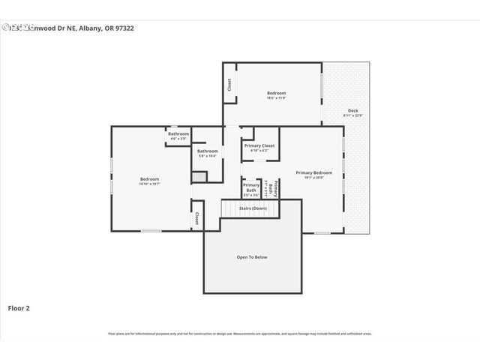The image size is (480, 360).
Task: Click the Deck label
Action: click(x=352, y=111)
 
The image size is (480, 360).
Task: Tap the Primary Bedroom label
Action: click(x=313, y=172)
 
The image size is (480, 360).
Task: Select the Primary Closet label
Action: click(x=259, y=145)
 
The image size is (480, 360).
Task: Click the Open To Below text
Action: click(x=252, y=257)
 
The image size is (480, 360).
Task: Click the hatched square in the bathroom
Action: click(x=199, y=176)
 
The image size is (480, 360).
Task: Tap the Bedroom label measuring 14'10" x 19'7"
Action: click(x=150, y=178)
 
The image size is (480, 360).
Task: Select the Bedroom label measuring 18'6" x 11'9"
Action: click(x=277, y=94)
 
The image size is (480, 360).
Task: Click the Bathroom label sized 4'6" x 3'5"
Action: click(x=178, y=134)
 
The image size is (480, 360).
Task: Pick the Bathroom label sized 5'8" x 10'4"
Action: click(x=207, y=151)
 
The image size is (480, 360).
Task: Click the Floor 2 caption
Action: click(x=19, y=307)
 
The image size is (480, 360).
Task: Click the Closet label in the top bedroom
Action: click(x=229, y=85)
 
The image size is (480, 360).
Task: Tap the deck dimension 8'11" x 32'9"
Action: click(x=352, y=115)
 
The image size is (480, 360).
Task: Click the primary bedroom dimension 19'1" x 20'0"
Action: click(x=313, y=178)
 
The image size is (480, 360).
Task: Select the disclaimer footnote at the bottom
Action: click(x=240, y=333)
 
